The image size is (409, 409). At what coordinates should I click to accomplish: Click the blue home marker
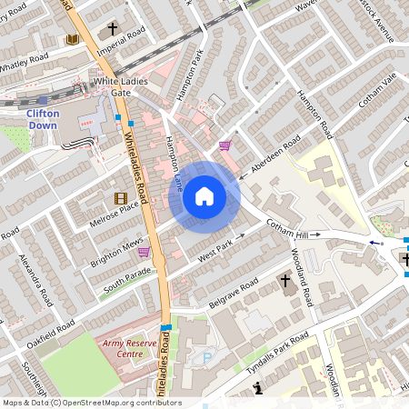click(204, 195)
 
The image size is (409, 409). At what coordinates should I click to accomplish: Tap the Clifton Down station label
click(43, 120)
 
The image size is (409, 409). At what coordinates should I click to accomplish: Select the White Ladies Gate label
click(125, 86)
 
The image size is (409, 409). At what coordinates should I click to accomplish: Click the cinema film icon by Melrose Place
click(121, 198)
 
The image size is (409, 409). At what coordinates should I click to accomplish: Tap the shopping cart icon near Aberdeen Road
click(224, 145)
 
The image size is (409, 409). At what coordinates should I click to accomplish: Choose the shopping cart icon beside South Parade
click(144, 252)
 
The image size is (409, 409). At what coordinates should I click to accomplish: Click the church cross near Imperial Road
click(113, 29)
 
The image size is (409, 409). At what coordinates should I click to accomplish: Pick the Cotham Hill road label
click(294, 231)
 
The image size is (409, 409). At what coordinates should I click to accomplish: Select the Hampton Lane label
click(175, 162)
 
